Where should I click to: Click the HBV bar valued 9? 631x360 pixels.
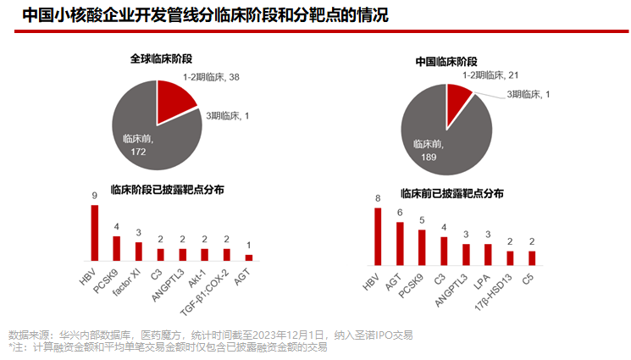click(x=95, y=232)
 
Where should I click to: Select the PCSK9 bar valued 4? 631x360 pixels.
click(x=117, y=247)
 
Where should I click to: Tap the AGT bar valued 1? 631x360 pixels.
click(x=249, y=257)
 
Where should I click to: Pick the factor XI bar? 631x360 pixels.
click(x=139, y=251)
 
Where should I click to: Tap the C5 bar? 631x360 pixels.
click(x=532, y=258)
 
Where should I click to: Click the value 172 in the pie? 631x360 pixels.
click(x=139, y=151)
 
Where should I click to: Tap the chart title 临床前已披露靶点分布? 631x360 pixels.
click(x=451, y=193)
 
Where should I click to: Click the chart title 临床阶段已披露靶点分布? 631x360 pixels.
click(x=167, y=190)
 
